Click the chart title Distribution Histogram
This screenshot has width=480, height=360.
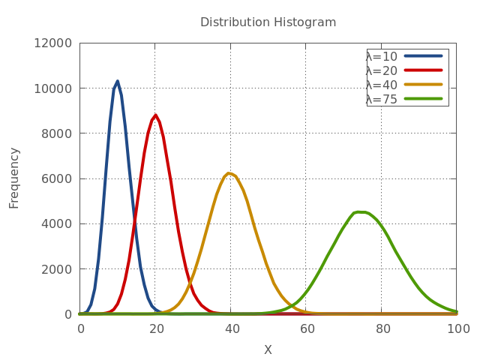click(268, 22)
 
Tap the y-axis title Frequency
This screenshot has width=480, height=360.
click(14, 178)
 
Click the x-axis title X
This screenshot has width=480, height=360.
click(268, 349)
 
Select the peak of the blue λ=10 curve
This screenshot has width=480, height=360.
click(117, 82)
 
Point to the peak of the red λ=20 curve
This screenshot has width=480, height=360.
click(155, 115)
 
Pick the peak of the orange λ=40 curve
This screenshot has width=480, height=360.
click(230, 174)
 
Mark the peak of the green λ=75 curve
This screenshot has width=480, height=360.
click(358, 211)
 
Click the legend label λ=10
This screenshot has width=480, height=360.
click(382, 56)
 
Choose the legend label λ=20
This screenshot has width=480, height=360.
click(382, 70)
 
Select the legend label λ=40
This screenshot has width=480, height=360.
click(382, 85)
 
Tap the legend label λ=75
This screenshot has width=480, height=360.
click(382, 99)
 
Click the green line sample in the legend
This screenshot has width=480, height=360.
click(424, 99)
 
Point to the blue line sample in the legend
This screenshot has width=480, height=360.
click(424, 56)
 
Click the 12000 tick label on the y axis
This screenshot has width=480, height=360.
click(54, 43)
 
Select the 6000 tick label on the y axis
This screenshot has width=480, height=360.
click(57, 178)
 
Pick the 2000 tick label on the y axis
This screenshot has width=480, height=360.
click(57, 268)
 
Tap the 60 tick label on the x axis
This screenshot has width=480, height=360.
click(306, 328)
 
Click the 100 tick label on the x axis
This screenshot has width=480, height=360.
click(457, 328)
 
